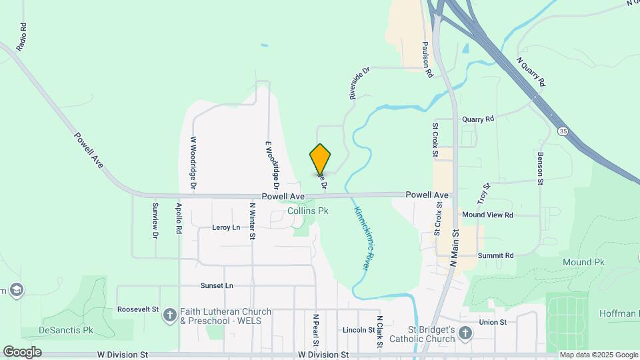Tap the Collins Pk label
(x=308, y=211)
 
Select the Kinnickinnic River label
(x=361, y=237)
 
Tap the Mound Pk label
(x=583, y=263)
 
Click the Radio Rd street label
(x=22, y=37)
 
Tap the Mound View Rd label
(x=487, y=215)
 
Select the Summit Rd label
(x=496, y=255)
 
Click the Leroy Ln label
(x=226, y=227)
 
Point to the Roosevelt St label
(x=138, y=309)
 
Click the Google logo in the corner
(x=22, y=351)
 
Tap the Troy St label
(x=483, y=193)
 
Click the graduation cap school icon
(x=17, y=289)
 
